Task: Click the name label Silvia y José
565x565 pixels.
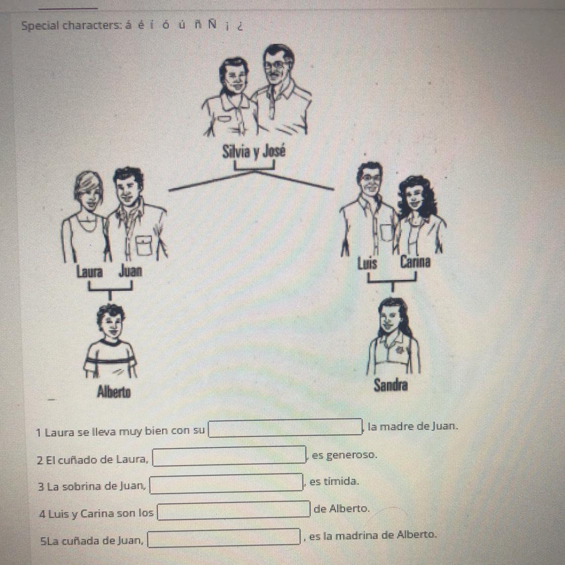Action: pyautogui.click(x=254, y=151)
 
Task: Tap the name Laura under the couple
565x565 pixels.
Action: pyautogui.click(x=89, y=272)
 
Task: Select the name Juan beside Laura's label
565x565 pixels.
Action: pyautogui.click(x=131, y=271)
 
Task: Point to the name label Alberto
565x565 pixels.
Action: pyautogui.click(x=114, y=392)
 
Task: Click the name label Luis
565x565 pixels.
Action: pyautogui.click(x=367, y=263)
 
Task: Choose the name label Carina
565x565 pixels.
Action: pyautogui.click(x=415, y=262)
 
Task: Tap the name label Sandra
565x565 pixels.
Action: pyautogui.click(x=391, y=385)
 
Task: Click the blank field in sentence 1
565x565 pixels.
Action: pyautogui.click(x=285, y=428)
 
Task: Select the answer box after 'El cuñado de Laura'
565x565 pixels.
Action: pyautogui.click(x=229, y=456)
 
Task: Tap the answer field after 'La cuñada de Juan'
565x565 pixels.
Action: pyautogui.click(x=224, y=538)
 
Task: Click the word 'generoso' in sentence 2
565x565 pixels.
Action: pyautogui.click(x=344, y=455)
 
